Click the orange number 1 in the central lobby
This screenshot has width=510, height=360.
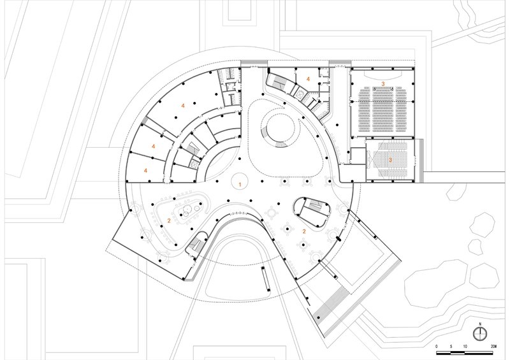click(x=240, y=184)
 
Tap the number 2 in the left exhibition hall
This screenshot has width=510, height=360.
click(x=169, y=220)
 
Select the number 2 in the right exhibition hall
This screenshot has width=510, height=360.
click(x=304, y=231)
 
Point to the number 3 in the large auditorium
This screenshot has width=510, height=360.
click(x=383, y=84)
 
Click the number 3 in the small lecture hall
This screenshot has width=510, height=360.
click(x=390, y=160)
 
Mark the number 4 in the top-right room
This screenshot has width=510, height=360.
click(x=308, y=79)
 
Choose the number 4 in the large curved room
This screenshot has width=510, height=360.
click(x=183, y=106)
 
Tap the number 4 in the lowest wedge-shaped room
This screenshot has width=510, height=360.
click(x=146, y=170)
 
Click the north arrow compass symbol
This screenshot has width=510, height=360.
click(x=480, y=333)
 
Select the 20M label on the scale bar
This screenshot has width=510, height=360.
click(x=493, y=347)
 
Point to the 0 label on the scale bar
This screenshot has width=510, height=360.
click(x=437, y=347)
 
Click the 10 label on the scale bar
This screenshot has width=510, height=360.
click(x=465, y=347)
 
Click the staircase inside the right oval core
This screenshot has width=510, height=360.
click(x=315, y=205)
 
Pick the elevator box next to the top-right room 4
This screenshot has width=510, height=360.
click(x=299, y=93)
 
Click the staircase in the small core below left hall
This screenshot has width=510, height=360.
click(x=197, y=244)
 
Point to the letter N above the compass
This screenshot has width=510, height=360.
click(x=480, y=324)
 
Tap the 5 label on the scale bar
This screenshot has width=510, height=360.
click(x=451, y=347)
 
